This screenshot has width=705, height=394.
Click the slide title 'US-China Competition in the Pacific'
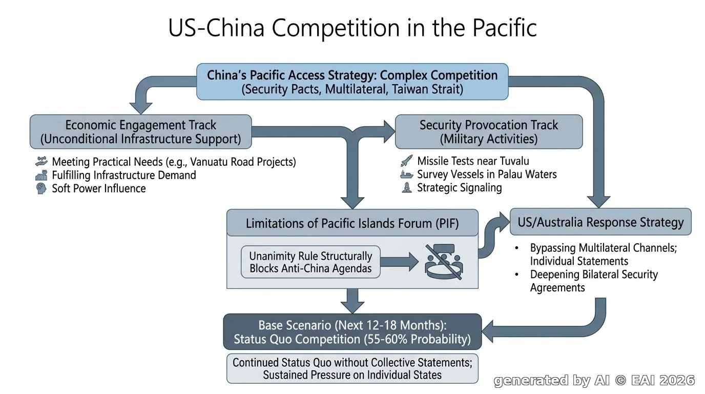click(352, 28)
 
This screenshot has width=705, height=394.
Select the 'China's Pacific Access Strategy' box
click(352, 82)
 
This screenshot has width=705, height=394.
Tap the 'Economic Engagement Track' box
click(141, 132)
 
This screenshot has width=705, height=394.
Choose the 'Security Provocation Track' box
click(489, 132)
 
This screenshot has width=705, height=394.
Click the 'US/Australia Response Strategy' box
click(600, 222)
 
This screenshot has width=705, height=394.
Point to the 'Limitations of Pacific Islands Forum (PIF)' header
click(352, 223)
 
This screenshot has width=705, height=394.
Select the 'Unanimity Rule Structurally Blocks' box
click(310, 262)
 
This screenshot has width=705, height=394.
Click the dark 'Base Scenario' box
click(352, 332)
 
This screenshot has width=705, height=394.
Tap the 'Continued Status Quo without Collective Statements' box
click(352, 368)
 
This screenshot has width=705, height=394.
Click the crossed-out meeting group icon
click(444, 262)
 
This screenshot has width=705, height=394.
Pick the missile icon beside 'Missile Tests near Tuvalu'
click(406, 161)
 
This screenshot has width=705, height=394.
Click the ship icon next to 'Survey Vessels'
click(406, 174)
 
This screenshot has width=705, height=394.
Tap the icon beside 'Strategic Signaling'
click(407, 188)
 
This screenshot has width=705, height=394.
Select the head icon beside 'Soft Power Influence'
click(41, 188)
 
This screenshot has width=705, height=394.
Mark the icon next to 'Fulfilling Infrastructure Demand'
click(41, 175)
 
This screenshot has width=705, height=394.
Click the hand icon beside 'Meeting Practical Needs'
click(41, 162)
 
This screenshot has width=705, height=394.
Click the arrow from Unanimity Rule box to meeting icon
click(400, 262)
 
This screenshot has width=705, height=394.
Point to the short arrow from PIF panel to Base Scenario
click(352, 301)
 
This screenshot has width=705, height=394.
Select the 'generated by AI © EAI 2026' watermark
click(594, 381)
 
